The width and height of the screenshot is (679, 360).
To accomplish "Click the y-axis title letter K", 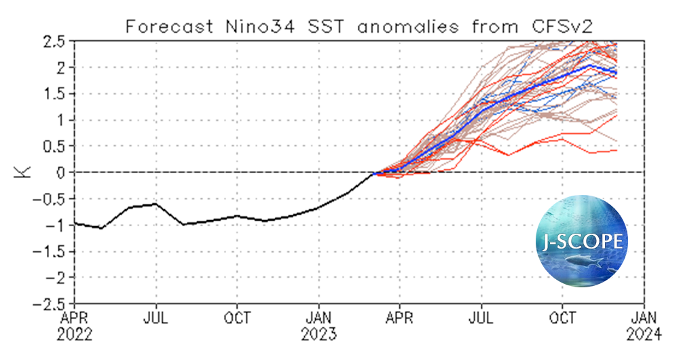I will coord(22,172).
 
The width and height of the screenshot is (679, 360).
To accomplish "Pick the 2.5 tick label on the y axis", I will coord(55,41).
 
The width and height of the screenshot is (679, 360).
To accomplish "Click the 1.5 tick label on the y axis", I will coord(55,94).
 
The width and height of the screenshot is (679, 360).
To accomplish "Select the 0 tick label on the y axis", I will coord(63,173).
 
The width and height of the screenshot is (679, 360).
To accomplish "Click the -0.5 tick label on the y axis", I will coord(50,198).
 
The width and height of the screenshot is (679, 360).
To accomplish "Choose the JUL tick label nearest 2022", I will coord(155,317).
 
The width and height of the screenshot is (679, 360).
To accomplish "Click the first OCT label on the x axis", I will coord(237,317).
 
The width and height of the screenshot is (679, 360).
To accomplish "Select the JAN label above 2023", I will coord(318,317).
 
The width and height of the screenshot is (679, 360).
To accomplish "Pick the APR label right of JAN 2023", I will coord(400,317).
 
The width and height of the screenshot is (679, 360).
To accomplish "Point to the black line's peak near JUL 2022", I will coord(155,203).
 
